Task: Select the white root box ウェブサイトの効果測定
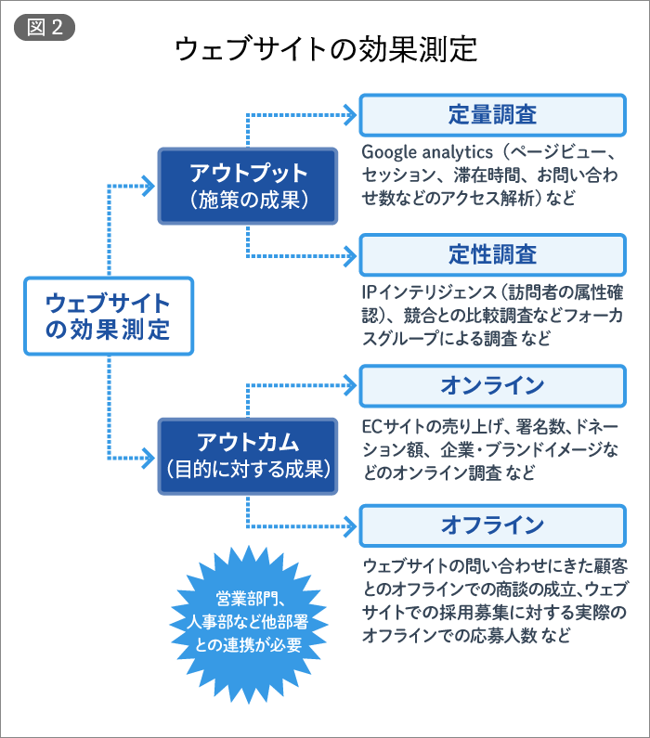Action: pyautogui.click(x=108, y=316)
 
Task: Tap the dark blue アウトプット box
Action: pyautogui.click(x=247, y=186)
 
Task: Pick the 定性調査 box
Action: pyautogui.click(x=492, y=254)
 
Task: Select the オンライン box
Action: pyautogui.click(x=492, y=385)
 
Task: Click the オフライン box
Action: pyautogui.click(x=492, y=526)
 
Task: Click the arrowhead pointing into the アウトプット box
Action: pyautogui.click(x=149, y=186)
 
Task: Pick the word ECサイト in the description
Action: pyautogui.click(x=391, y=427)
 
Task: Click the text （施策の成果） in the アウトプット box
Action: pyautogui.click(x=247, y=200)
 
